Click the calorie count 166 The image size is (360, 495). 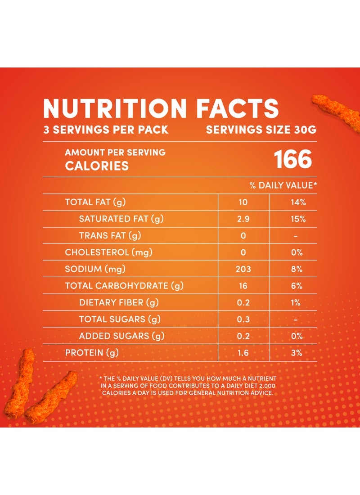point(293,159)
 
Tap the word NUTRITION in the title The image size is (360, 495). point(115,108)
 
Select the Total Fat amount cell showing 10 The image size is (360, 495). point(243,202)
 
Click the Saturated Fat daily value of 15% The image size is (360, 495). point(298,219)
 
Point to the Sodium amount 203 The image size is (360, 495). point(243,270)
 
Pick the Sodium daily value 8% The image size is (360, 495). point(297,270)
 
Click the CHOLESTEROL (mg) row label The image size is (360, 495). point(108,252)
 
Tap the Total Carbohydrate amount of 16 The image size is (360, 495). point(243,286)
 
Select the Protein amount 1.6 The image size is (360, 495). point(243,353)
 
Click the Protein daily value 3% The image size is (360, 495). point(297,353)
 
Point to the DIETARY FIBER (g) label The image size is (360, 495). point(119,302)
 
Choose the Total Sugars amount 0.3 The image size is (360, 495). point(243,319)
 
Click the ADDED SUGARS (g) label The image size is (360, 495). point(121,336)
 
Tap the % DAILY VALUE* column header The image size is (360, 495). point(283,185)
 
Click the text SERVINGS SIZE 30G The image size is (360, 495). point(261,130)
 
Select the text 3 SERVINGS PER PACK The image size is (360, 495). point(106,130)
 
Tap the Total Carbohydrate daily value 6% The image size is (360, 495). point(297,286)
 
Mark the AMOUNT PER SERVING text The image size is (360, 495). point(115,152)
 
